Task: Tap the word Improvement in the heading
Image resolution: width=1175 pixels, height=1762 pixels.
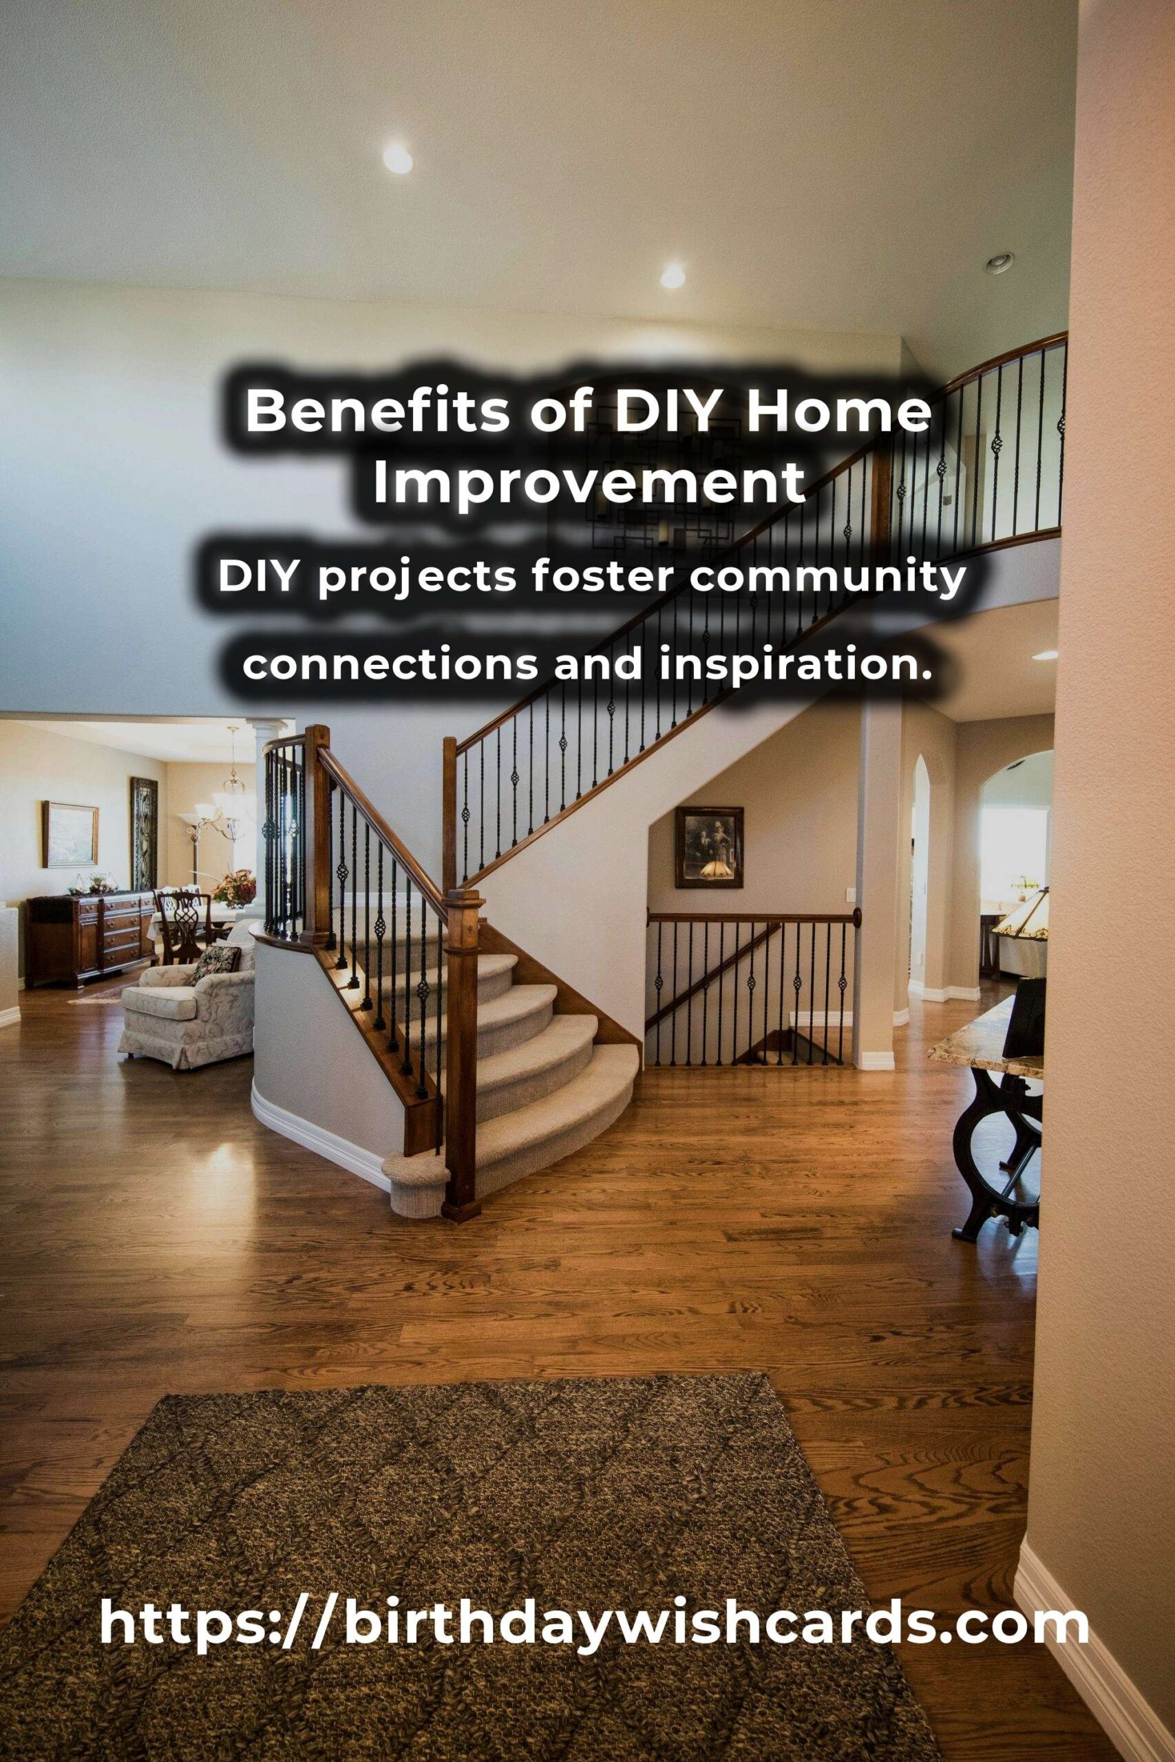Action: (590, 483)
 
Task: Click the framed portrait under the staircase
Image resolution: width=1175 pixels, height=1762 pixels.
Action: (709, 847)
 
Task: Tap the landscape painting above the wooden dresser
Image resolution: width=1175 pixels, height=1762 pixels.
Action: (70, 834)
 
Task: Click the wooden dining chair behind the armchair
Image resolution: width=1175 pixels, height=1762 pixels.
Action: (180, 925)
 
